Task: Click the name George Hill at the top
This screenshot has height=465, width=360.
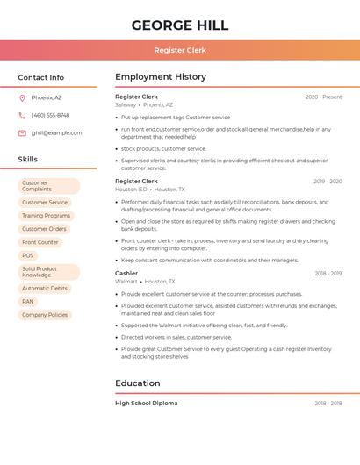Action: tap(180, 25)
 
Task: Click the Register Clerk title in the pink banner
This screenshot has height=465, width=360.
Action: tap(180, 50)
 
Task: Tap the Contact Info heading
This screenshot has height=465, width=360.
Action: tap(41, 77)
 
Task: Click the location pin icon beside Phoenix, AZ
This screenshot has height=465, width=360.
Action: tap(23, 97)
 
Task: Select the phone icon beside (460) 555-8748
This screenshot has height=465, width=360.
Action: tap(23, 115)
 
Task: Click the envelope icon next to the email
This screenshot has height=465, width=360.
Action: tap(23, 133)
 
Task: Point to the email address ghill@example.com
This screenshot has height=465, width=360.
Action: tap(57, 133)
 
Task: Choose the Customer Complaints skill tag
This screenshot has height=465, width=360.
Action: tap(48, 186)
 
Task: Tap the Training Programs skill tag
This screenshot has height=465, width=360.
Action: tap(46, 215)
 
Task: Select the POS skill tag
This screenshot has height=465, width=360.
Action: tap(28, 255)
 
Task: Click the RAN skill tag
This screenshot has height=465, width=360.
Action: tap(28, 301)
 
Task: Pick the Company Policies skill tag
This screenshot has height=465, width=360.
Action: tap(45, 315)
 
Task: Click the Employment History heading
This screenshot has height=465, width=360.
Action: tap(161, 77)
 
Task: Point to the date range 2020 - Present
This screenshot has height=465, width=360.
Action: tap(323, 97)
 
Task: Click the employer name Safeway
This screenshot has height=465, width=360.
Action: tap(126, 104)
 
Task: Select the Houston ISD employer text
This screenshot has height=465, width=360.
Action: tap(131, 190)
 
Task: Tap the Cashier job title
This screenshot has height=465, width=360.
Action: tap(126, 273)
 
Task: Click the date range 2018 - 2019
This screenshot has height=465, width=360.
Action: tap(328, 274)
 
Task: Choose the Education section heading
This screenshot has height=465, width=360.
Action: tap(138, 383)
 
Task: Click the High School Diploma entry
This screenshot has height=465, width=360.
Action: tap(146, 404)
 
